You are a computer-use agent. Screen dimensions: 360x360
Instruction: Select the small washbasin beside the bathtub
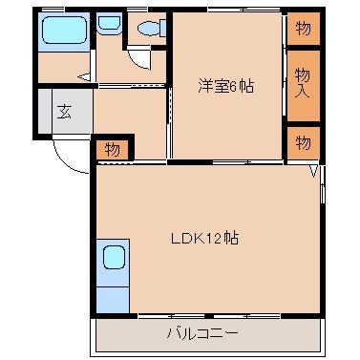click(x=110, y=26)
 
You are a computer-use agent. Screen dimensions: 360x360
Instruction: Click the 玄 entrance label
click(x=64, y=111)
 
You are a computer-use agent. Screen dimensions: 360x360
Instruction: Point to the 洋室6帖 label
click(x=225, y=83)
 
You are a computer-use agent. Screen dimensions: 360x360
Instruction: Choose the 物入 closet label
click(x=303, y=83)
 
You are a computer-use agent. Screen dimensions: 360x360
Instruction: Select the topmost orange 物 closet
click(x=303, y=28)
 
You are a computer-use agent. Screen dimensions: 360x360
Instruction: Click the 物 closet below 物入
click(x=303, y=142)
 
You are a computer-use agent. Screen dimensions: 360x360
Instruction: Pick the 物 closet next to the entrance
click(x=112, y=149)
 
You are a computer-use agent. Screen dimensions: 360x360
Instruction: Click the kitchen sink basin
click(x=113, y=259)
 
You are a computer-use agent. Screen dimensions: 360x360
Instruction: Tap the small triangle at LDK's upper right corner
click(x=313, y=172)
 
